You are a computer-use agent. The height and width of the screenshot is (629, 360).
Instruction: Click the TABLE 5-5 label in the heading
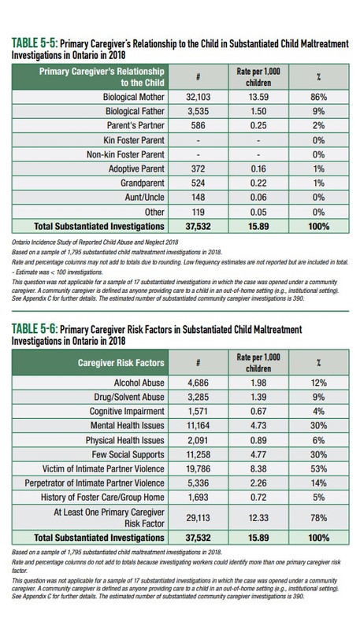coord(35,43)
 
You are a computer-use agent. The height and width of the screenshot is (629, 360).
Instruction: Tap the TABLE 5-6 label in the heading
coord(35,329)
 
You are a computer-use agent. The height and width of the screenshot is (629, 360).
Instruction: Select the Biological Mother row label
coord(134,97)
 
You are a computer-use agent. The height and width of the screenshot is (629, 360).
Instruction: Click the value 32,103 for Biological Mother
coord(199,97)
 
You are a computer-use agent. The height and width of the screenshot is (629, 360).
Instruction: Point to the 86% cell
coord(319,97)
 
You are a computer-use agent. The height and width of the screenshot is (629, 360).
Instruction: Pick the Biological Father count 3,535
coord(199,112)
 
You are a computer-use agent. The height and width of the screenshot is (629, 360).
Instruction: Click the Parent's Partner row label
coord(135,125)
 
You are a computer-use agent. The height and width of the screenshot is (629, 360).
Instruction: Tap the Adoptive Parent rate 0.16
coord(258,169)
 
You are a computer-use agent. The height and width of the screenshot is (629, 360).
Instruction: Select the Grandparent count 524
coord(199,183)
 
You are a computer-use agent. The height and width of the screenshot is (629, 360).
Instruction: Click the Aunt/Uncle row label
coord(144,198)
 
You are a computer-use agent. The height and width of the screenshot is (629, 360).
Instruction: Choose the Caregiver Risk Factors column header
coord(121,363)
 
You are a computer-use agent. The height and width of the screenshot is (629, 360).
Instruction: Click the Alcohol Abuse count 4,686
coord(199,383)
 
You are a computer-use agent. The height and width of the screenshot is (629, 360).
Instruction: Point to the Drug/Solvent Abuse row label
coord(129,397)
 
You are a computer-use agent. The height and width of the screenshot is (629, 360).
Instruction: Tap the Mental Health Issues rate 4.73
coord(258,426)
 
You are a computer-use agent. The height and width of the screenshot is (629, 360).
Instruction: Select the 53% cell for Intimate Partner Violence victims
coord(319,469)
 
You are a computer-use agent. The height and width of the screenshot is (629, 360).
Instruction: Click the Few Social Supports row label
coord(128,454)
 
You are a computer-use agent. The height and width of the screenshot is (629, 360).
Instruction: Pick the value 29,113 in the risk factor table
coord(199,518)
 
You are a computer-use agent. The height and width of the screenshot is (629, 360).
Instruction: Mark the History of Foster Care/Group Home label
coord(102,498)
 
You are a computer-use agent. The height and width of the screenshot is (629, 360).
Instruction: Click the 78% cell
coord(319,518)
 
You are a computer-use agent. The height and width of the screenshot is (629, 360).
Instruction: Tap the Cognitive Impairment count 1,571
coord(199,412)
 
